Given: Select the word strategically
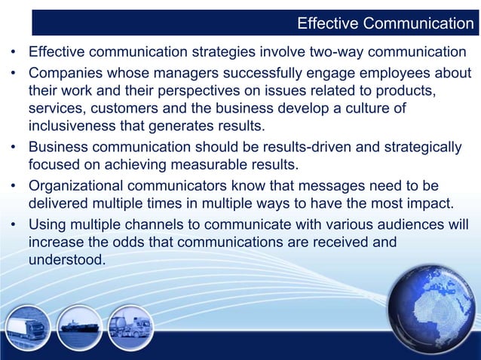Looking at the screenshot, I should click(x=421, y=145).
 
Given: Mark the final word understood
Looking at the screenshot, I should click(x=67, y=260).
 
